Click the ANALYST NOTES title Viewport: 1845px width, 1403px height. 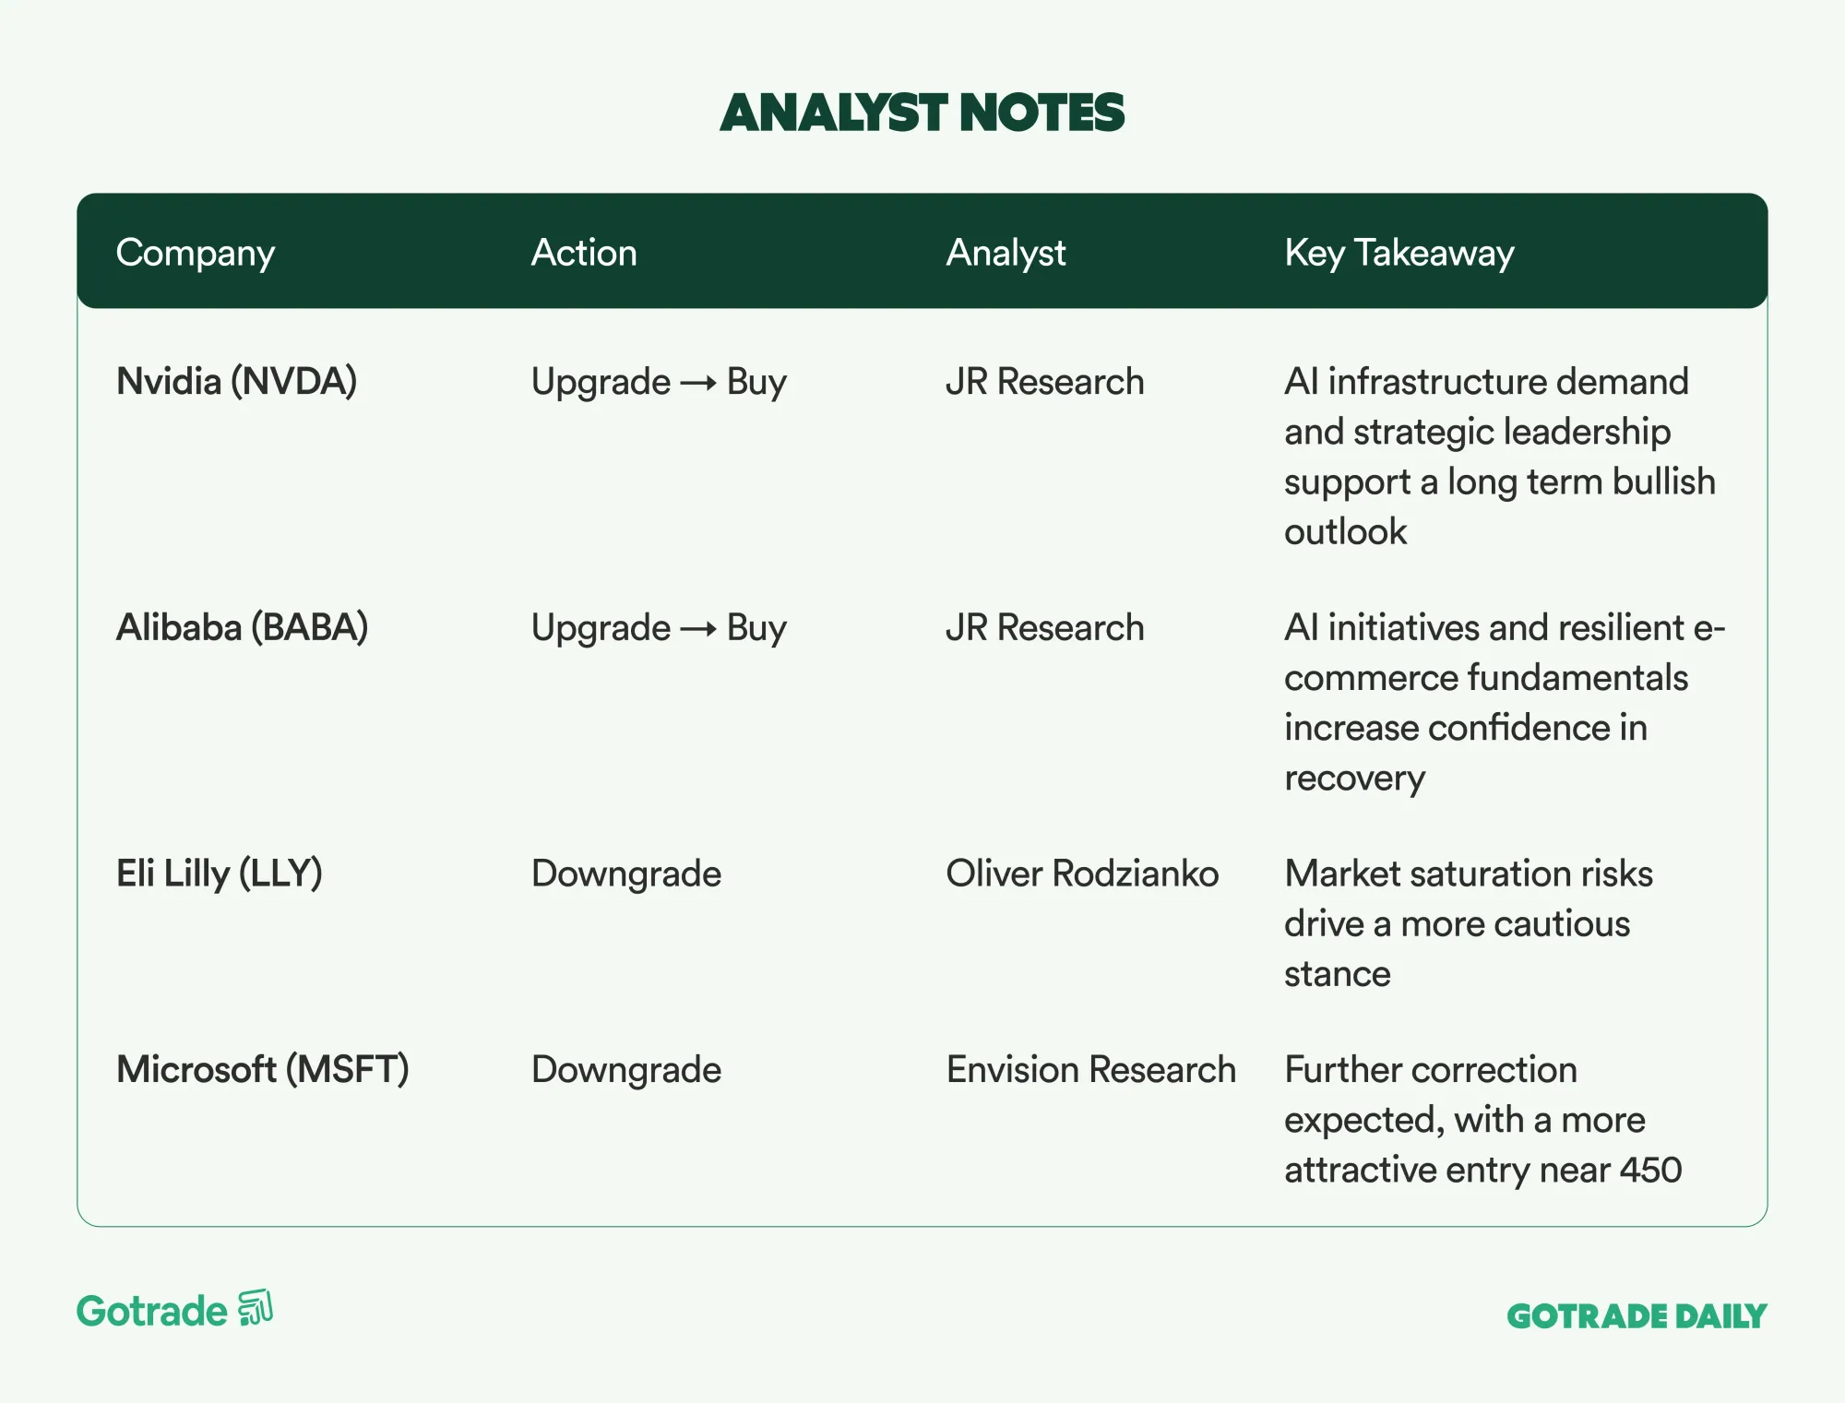(922, 113)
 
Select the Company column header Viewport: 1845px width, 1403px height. (196, 254)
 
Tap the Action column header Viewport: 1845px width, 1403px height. (584, 253)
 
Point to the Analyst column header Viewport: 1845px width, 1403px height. (1006, 254)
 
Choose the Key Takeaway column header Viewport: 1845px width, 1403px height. (1399, 254)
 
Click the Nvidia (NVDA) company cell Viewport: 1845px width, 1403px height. (237, 382)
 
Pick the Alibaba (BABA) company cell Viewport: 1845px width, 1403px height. (243, 628)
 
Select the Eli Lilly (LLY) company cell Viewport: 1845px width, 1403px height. (220, 874)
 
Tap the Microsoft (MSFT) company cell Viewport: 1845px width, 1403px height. (263, 1070)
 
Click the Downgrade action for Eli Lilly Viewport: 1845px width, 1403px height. (626, 874)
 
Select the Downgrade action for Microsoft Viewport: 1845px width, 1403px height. (626, 1070)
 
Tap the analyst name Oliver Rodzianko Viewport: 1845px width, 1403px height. (1082, 874)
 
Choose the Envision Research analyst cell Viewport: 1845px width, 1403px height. (1091, 1069)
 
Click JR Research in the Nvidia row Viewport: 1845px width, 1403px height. (1045, 382)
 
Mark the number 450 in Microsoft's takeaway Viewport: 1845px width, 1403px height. (1651, 1170)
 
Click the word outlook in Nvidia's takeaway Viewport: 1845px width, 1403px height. (1346, 531)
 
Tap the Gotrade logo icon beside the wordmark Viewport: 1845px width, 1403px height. (256, 1308)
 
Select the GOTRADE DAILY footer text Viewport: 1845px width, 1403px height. (1637, 1316)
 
